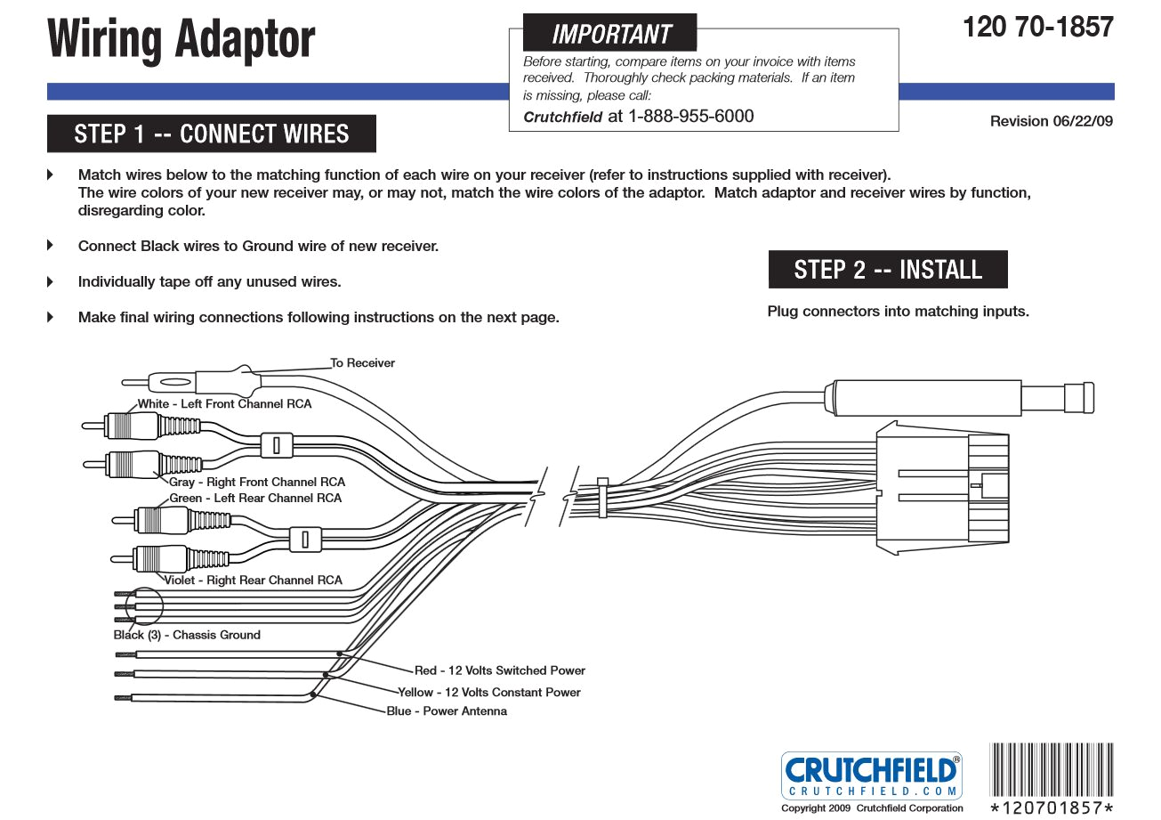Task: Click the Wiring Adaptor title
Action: pyautogui.click(x=181, y=40)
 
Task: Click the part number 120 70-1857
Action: pyautogui.click(x=1037, y=27)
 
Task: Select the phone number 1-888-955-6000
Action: pyautogui.click(x=691, y=116)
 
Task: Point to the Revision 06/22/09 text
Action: pyautogui.click(x=1051, y=121)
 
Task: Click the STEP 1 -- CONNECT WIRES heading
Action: pyautogui.click(x=212, y=134)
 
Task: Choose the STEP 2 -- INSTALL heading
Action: pyautogui.click(x=888, y=270)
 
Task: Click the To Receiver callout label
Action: pyautogui.click(x=362, y=363)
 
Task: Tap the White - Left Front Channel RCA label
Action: pyautogui.click(x=224, y=404)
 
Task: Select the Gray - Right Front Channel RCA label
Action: pyautogui.click(x=257, y=483)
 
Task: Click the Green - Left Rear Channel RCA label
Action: pyautogui.click(x=255, y=499)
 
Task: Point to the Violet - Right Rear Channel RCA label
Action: pyautogui.click(x=254, y=580)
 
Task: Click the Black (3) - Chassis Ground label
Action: pyautogui.click(x=187, y=636)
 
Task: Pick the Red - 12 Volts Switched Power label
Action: pyautogui.click(x=500, y=670)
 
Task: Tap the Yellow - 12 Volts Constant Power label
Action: pyautogui.click(x=489, y=692)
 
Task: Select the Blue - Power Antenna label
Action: pyautogui.click(x=447, y=711)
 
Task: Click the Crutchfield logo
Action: pyautogui.click(x=871, y=775)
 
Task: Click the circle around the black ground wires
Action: pyautogui.click(x=145, y=607)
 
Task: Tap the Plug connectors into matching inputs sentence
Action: pyautogui.click(x=898, y=312)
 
